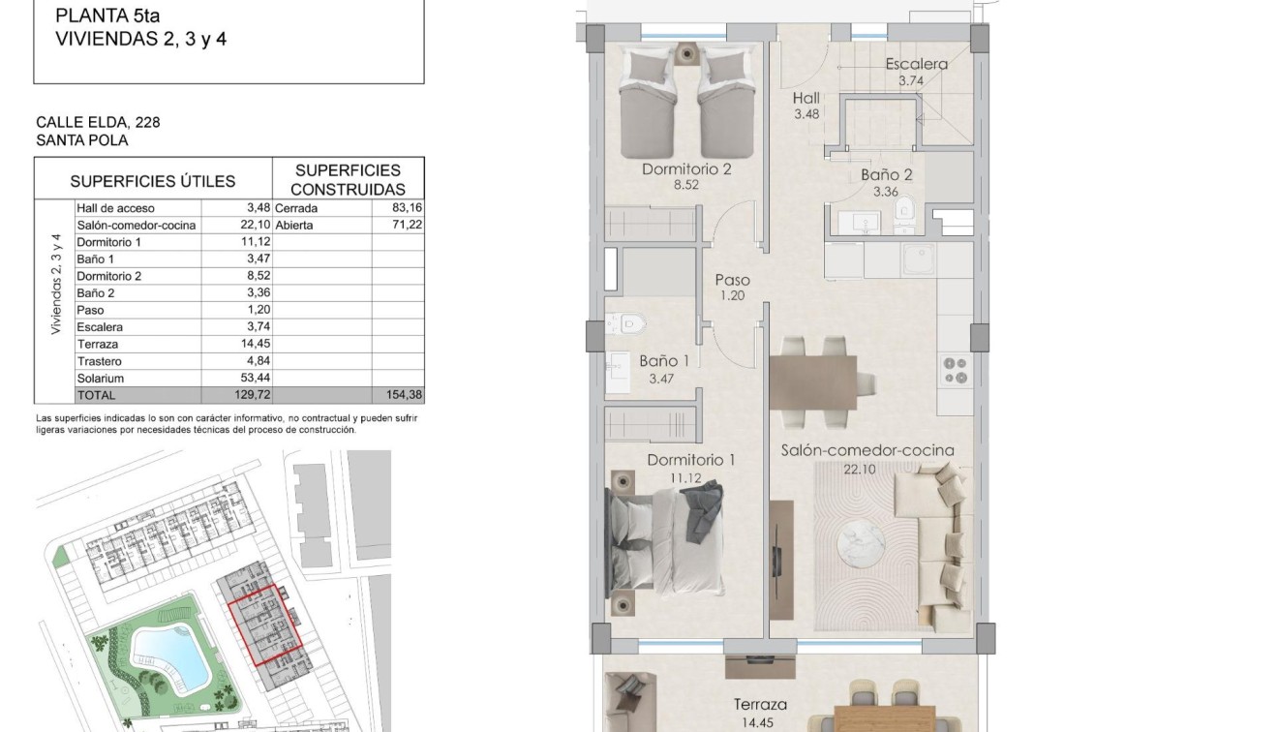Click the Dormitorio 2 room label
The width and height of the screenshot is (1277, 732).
pos(686,169)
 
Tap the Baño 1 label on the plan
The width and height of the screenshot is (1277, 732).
pos(664,361)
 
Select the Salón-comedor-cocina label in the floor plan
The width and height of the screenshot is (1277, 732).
pos(867,450)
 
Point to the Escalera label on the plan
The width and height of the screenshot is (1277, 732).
pos(916,65)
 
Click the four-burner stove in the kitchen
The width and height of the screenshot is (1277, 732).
pos(956,370)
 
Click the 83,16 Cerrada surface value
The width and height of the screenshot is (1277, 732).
pos(406,208)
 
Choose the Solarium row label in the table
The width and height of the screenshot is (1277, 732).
pos(100,379)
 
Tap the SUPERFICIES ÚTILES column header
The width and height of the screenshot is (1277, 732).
pos(153,181)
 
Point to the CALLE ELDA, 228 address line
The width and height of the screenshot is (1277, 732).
pos(98,122)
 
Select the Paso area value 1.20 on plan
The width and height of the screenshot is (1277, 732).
pos(732,295)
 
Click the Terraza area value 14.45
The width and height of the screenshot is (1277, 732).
pos(759,721)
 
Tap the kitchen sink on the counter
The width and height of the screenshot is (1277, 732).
pos(916,259)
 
